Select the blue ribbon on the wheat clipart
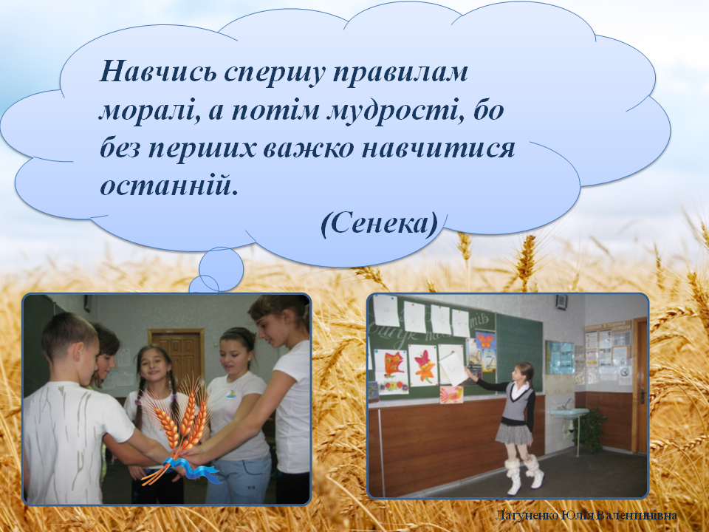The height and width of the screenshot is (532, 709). click(x=193, y=469)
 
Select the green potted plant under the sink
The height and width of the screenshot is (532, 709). click(x=592, y=429)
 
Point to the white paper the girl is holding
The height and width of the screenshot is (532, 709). click(x=453, y=367)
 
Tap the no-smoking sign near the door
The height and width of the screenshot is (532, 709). click(x=626, y=376)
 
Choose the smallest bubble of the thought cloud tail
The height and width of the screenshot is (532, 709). click(x=205, y=284)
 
